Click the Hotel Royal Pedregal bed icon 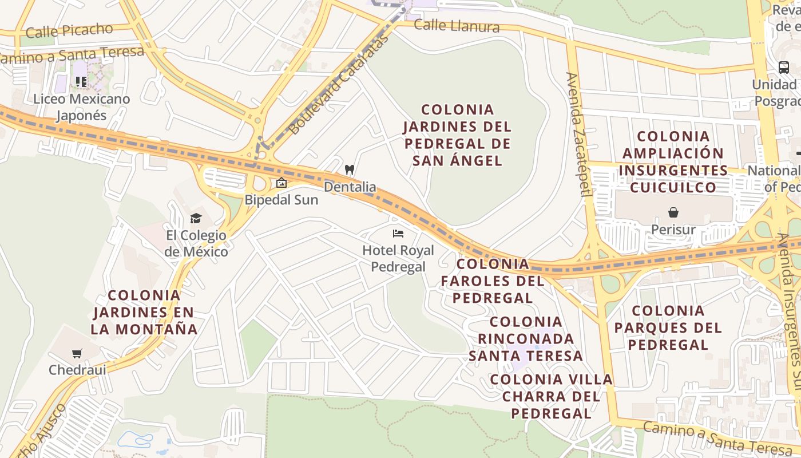(398, 234)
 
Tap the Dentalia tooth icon (350, 170)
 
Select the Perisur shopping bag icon (673, 213)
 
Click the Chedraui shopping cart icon (77, 353)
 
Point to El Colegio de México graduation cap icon (196, 218)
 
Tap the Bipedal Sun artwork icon (281, 183)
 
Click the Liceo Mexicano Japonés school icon (81, 82)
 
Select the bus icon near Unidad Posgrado (783, 67)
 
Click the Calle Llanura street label (456, 26)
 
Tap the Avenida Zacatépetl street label (578, 135)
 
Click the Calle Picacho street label (69, 30)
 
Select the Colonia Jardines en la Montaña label (144, 313)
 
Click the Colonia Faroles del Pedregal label (493, 281)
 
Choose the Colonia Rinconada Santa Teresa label (526, 339)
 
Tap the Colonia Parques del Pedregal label (668, 327)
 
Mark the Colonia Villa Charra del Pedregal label (552, 396)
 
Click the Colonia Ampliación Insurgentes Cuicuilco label (673, 162)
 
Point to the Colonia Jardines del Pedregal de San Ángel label (457, 135)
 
